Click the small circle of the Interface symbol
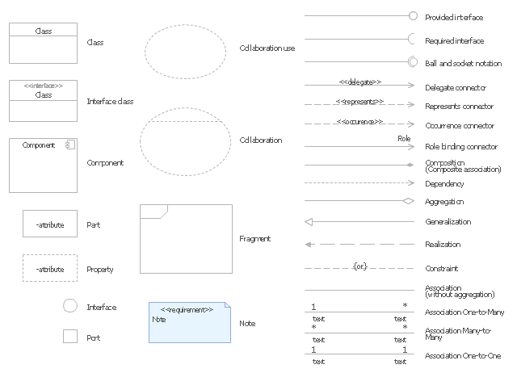pos(70,306)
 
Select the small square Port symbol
pos(70,337)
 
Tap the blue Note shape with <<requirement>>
pos(189,322)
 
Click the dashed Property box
pos(49,269)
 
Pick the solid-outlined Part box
pos(49,224)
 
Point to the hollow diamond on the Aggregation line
pos(408,201)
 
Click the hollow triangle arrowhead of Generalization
pos(309,221)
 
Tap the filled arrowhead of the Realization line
pos(309,244)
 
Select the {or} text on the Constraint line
pos(359,266)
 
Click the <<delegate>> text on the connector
pos(359,82)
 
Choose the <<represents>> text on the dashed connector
pos(359,103)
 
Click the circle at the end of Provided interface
pos(413,15)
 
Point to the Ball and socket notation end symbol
pos(413,61)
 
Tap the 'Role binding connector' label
pos(460,147)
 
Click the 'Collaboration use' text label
pos(267,48)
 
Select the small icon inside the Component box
pos(70,145)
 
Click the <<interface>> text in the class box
pos(44,86)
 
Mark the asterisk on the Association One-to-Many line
pos(405,305)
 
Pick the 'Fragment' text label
pos(255,239)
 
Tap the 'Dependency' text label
pos(444,184)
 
